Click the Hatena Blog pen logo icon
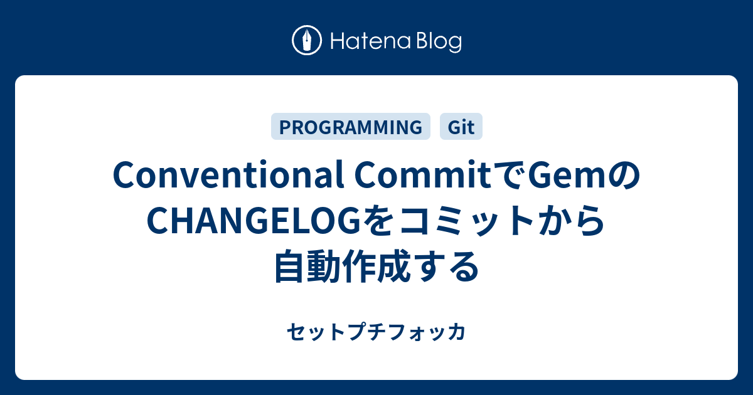(x=307, y=41)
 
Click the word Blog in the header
(x=437, y=42)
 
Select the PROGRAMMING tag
(x=350, y=127)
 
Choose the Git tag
(x=461, y=127)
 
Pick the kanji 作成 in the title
(x=378, y=266)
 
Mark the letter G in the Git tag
(x=453, y=127)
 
